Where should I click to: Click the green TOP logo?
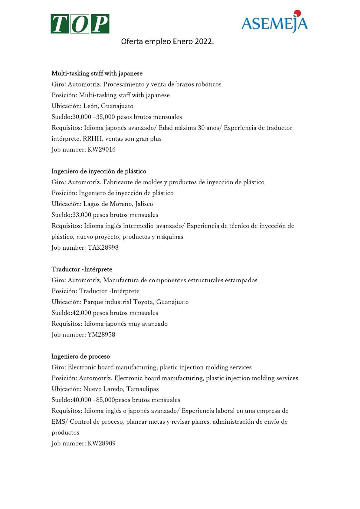click(80, 24)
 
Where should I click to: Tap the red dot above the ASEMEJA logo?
click(298, 13)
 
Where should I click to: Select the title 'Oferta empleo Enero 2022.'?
click(167, 41)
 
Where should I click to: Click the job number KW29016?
click(102, 150)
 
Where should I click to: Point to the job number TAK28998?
click(103, 248)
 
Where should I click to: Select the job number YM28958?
click(101, 335)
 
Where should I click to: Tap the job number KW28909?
click(102, 443)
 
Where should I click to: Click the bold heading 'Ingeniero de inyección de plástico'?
click(99, 171)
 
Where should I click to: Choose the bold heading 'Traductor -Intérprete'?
click(82, 269)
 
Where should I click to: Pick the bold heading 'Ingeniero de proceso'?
click(81, 357)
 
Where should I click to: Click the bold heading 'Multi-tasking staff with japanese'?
click(97, 73)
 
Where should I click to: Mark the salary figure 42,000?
click(82, 313)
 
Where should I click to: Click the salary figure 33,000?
click(82, 215)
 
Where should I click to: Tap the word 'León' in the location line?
click(90, 106)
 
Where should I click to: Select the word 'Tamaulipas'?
click(143, 389)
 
